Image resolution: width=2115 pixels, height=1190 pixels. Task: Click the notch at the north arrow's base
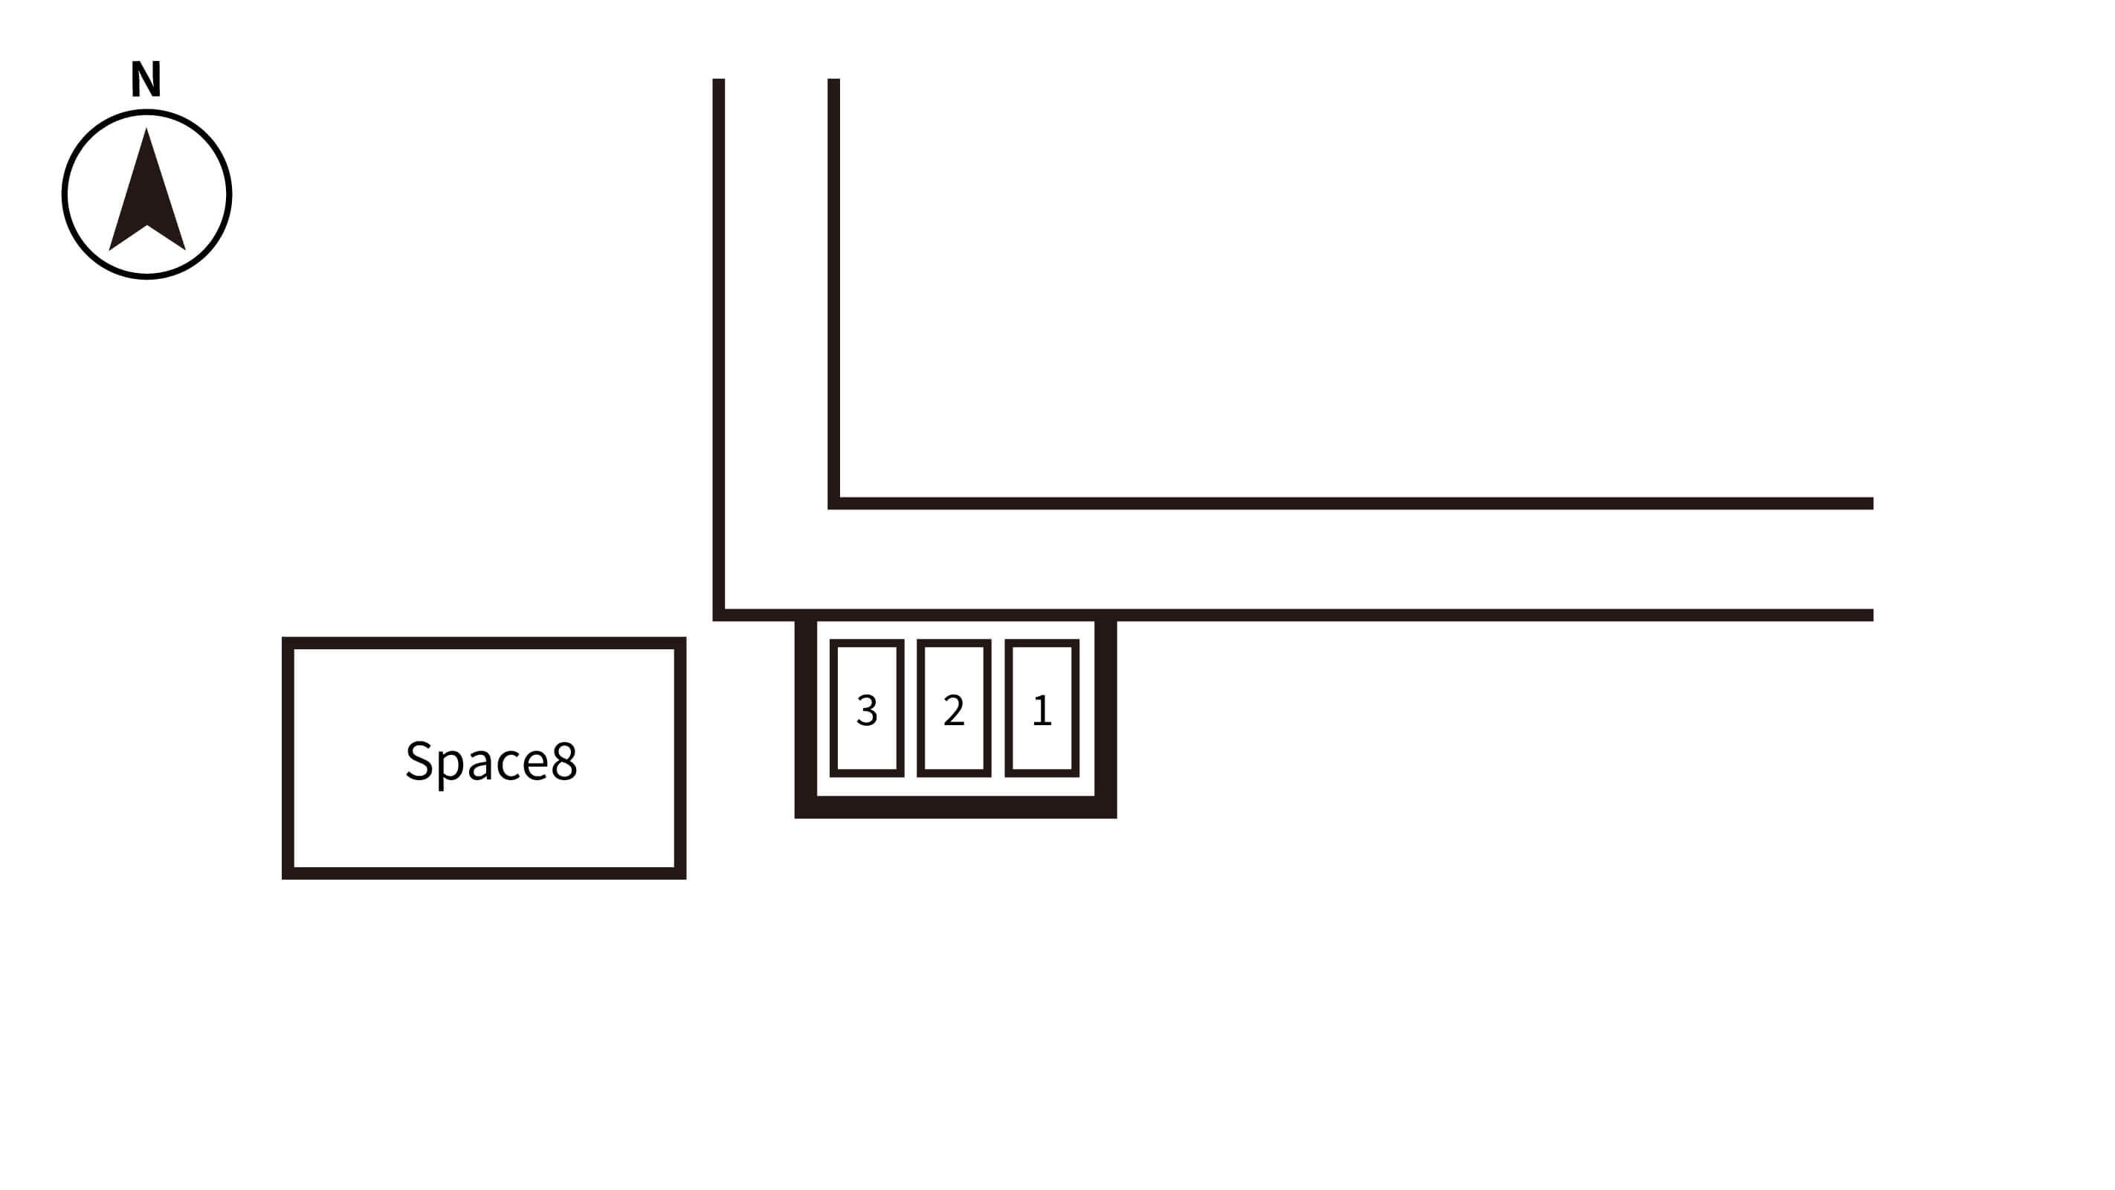click(x=147, y=227)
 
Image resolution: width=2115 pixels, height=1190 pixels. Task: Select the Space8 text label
click(x=491, y=760)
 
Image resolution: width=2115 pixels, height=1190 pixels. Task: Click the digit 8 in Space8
click(x=564, y=760)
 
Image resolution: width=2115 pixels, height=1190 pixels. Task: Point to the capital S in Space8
click(x=419, y=760)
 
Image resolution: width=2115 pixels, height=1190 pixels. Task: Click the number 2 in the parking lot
click(x=954, y=710)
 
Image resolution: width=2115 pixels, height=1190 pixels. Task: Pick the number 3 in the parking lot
click(x=867, y=710)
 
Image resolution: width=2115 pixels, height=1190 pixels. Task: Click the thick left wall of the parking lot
click(x=805, y=715)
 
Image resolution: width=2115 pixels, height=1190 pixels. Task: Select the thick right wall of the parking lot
click(x=1106, y=715)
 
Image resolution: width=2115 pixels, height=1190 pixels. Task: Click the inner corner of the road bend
click(x=834, y=503)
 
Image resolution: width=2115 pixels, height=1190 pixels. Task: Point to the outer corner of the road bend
click(x=719, y=614)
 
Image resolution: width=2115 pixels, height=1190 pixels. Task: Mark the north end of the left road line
click(x=718, y=82)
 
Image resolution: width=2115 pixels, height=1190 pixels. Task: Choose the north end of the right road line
click(x=833, y=82)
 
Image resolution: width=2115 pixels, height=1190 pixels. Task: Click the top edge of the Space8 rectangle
click(x=485, y=643)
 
